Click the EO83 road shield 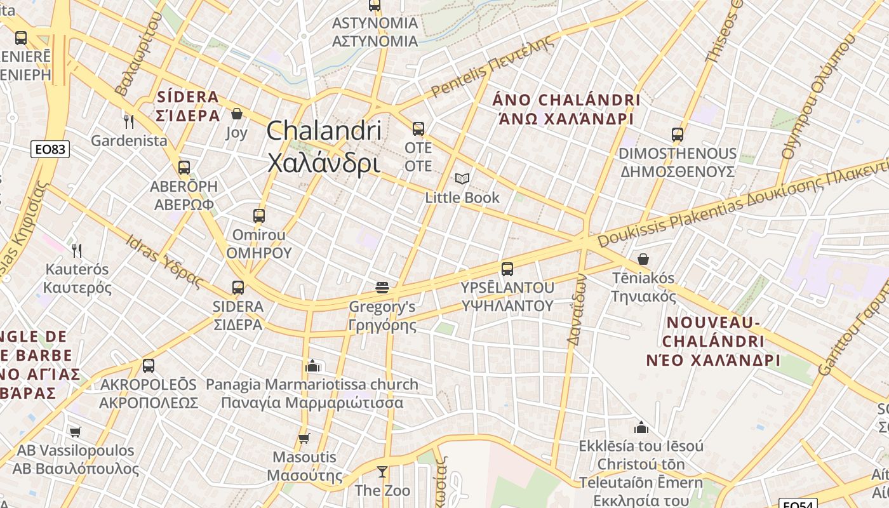[50, 149]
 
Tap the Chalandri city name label [324, 147]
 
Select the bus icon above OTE [418, 129]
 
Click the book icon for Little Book [462, 179]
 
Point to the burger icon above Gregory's [382, 288]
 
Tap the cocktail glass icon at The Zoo [382, 472]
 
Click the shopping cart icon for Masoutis [304, 438]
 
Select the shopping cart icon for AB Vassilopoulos [76, 432]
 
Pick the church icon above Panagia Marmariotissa [312, 366]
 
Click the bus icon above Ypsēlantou [507, 269]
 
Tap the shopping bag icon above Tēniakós [643, 259]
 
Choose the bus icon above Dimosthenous [678, 135]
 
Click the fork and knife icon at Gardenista [129, 121]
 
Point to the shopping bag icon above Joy [237, 114]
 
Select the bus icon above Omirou [258, 216]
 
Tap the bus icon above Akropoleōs [149, 366]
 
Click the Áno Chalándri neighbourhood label [566, 109]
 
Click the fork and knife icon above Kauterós [77, 250]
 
